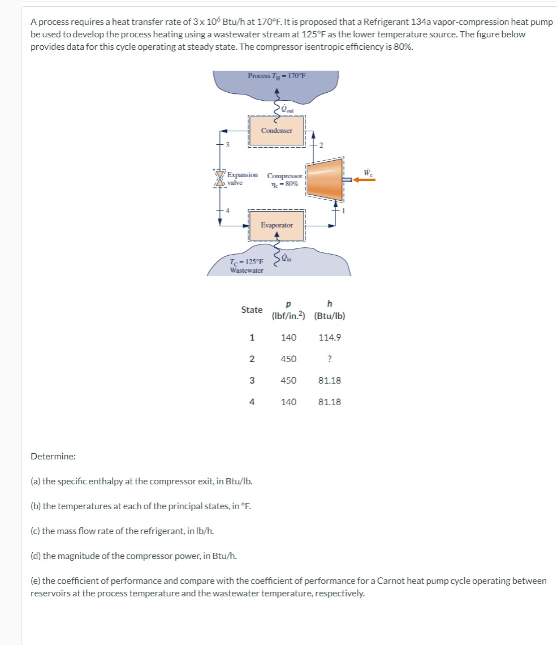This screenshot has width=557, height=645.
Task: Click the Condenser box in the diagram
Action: coord(277,131)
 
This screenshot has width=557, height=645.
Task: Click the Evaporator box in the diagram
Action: coord(277,225)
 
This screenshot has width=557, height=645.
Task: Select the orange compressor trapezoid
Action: coord(325,179)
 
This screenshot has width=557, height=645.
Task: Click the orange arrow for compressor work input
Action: coord(365,179)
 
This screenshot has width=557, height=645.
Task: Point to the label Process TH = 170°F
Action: coord(277,76)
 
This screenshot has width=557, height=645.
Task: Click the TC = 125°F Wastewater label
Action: coord(247,266)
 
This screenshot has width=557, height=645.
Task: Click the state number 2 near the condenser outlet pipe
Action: coord(320,145)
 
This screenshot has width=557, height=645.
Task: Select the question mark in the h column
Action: coord(329,359)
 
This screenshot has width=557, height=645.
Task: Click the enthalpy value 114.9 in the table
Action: coord(330,337)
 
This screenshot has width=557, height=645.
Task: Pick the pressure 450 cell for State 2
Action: coord(288,359)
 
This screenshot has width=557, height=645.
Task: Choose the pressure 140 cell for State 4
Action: coord(288,402)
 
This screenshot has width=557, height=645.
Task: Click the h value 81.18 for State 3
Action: coord(330,380)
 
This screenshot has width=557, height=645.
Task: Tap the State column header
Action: coord(252,309)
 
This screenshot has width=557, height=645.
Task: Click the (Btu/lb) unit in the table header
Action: coord(330,316)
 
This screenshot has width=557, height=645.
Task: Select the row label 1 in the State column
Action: coord(252,337)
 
